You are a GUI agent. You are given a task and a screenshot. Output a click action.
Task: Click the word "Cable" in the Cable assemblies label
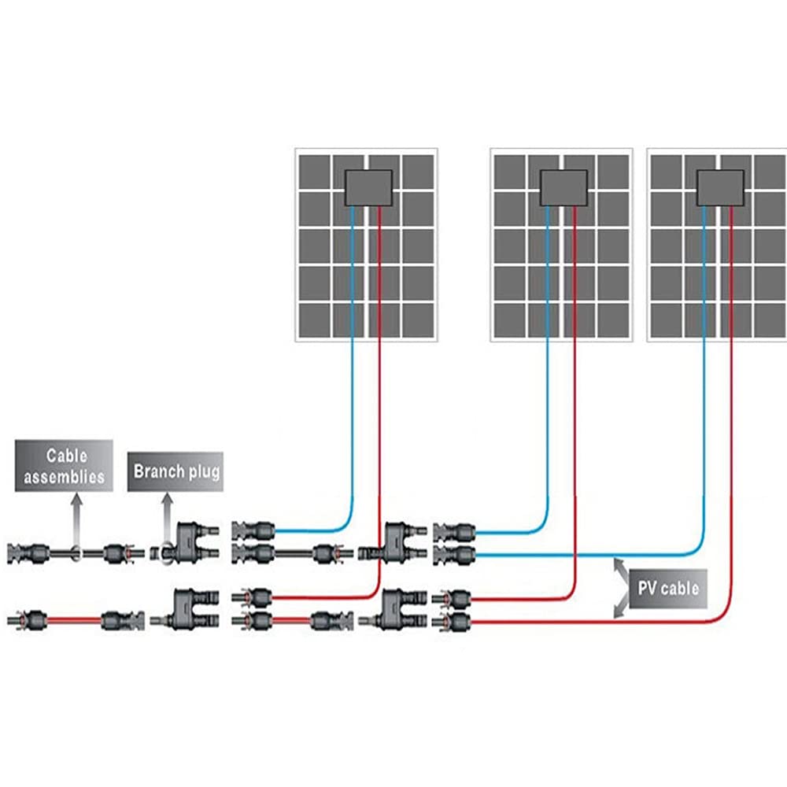tap(66, 456)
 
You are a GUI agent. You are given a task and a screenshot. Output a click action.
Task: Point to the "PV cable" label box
tap(668, 588)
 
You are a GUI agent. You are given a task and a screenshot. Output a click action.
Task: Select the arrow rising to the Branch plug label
tap(167, 519)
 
